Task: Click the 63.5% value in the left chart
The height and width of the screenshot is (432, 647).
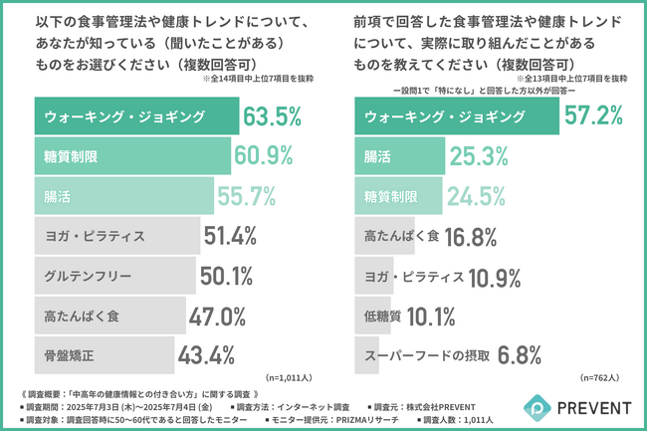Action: click(271, 117)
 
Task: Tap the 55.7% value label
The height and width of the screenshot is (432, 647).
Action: click(243, 196)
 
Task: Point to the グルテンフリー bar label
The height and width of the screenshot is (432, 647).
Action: click(88, 276)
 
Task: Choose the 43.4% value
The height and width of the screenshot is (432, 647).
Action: click(204, 354)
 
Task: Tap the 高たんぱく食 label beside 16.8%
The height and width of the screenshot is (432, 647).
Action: click(399, 236)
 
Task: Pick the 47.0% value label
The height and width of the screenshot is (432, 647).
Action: click(217, 316)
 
